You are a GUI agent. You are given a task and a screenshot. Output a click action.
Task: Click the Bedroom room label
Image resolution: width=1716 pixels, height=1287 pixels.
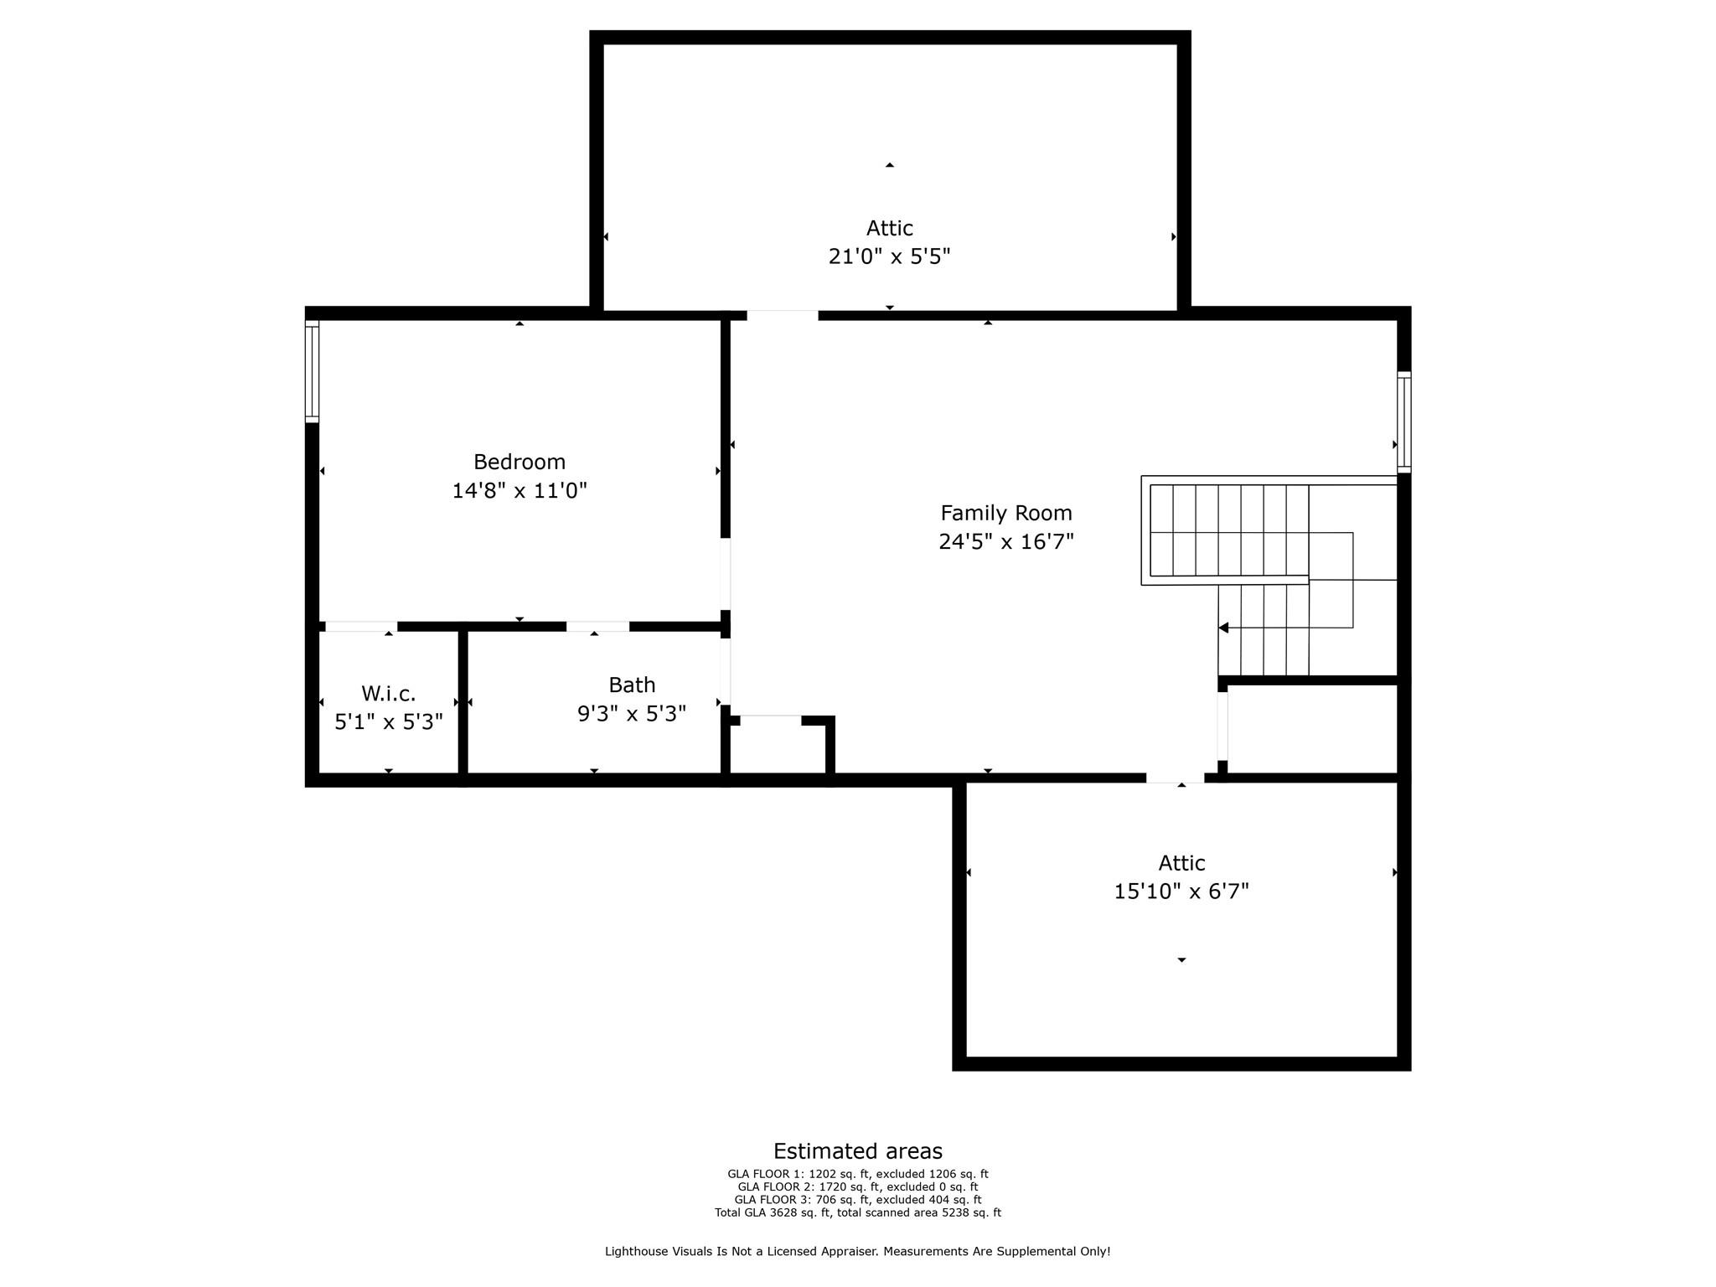519,462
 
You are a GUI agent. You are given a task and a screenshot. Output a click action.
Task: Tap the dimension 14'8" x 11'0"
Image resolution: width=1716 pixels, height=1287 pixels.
519,490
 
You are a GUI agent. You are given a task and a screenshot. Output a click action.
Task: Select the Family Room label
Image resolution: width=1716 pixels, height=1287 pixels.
1005,513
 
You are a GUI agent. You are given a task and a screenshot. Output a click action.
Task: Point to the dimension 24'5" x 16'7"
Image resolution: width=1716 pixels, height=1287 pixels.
1005,541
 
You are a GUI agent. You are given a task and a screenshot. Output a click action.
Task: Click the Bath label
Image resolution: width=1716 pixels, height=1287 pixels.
632,685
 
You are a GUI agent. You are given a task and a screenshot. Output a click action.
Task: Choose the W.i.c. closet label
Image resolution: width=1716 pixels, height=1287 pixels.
388,694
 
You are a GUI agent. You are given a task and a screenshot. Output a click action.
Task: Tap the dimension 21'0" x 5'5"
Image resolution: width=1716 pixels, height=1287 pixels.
889,256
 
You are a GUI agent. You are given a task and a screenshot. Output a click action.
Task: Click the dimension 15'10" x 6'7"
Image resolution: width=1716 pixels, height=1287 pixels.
1181,892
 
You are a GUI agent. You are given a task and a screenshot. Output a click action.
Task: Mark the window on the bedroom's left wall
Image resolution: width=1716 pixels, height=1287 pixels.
312,371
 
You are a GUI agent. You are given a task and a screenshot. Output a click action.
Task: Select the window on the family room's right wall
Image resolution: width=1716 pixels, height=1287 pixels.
1403,421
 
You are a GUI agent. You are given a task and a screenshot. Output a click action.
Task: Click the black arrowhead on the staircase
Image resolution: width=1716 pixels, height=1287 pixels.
1223,628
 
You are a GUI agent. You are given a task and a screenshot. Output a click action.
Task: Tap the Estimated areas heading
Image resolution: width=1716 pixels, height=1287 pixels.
857,1151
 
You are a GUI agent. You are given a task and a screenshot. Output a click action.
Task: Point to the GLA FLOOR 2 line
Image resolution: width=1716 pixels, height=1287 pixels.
857,1186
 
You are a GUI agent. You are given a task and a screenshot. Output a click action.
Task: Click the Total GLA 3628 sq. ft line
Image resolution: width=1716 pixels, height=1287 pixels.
857,1212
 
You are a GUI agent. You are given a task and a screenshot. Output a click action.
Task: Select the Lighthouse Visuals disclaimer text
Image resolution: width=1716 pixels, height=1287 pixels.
857,1251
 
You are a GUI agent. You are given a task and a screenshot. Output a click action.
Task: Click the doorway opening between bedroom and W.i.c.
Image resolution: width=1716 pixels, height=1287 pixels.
360,626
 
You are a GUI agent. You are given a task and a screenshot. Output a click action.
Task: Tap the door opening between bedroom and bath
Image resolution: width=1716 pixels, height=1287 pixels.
597,626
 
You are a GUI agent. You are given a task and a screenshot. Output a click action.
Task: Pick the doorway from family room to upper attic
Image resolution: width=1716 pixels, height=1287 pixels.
782,315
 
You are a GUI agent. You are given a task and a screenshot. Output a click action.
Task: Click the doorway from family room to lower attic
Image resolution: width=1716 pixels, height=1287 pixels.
1175,778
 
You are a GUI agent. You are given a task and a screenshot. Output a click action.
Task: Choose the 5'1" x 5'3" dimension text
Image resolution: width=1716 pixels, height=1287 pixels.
388,721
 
